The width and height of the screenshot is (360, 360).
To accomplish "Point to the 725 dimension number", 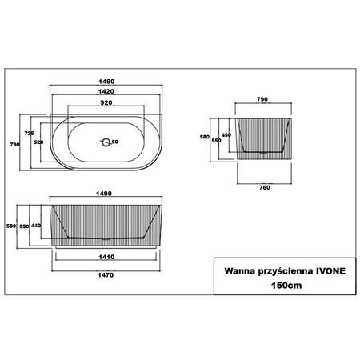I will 30,132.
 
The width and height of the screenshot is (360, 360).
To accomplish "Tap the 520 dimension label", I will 38,142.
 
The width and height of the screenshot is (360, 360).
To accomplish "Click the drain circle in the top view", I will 105,142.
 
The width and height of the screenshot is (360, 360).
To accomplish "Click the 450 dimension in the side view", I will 226,134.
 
